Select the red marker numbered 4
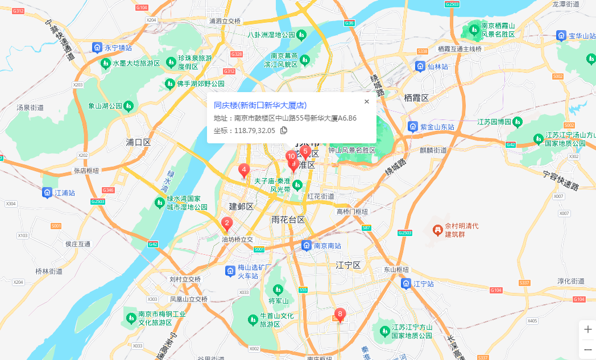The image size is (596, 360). click(244, 170)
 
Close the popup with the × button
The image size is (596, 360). click(366, 102)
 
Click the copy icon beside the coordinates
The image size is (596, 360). click(284, 130)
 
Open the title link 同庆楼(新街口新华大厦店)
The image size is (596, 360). click(260, 105)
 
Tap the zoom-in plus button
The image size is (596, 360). click(587, 329)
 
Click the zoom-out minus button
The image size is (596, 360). click(587, 349)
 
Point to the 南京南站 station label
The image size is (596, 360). click(327, 246)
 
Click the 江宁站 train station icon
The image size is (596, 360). click(406, 283)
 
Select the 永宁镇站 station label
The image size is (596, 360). click(118, 48)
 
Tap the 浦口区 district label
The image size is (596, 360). click(138, 142)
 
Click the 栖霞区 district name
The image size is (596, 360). click(416, 98)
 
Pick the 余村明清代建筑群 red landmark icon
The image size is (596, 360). click(437, 230)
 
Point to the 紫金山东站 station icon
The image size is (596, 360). click(413, 126)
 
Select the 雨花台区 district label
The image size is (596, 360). click(288, 220)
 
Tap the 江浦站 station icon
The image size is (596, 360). click(47, 193)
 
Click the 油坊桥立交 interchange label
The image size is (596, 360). click(237, 240)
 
